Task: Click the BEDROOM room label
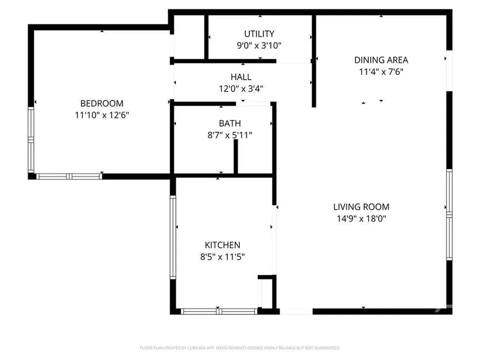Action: tap(102, 104)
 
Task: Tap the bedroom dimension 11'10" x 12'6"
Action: tap(102, 115)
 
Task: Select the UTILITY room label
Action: tap(259, 34)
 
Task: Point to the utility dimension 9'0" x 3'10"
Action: tap(259, 45)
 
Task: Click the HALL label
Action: tap(240, 77)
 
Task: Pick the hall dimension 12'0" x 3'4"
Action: tap(240, 88)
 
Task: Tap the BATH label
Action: tap(230, 124)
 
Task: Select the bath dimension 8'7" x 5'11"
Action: tap(230, 135)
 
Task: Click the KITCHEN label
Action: tap(222, 245)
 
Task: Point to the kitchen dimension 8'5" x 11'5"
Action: tap(222, 257)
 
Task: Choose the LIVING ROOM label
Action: tap(361, 207)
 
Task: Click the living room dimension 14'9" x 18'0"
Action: tap(361, 218)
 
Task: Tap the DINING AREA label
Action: tap(381, 60)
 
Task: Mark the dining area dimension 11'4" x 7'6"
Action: tap(381, 72)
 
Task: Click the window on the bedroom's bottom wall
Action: tap(69, 177)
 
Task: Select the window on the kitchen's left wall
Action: tap(173, 237)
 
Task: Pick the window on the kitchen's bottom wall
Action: tap(219, 311)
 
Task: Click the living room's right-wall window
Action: tap(449, 214)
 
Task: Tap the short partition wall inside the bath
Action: tap(236, 157)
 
